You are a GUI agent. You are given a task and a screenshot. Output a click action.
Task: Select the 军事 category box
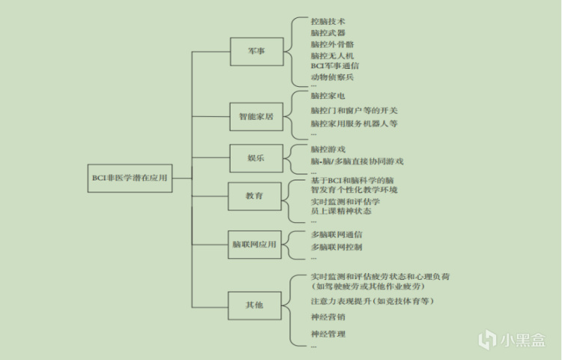[x=257, y=52]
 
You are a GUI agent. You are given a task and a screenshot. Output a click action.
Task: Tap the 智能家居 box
[x=257, y=117]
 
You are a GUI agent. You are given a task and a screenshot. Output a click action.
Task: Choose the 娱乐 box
[x=257, y=159]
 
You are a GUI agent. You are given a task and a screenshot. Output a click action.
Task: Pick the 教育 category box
[x=257, y=196]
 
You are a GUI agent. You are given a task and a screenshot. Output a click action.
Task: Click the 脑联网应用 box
[x=257, y=245]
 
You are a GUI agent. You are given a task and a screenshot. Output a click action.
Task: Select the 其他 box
[x=257, y=305]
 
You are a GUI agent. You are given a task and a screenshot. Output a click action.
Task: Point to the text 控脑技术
[x=328, y=22]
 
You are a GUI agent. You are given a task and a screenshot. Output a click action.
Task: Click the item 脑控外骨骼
[x=332, y=44]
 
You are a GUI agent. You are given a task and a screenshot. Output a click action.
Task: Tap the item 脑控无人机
[x=332, y=55]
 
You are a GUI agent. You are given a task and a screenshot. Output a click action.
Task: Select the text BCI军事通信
[x=335, y=66]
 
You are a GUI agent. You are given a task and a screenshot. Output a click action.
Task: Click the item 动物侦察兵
[x=332, y=77]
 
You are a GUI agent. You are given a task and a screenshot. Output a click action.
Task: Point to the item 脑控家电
[x=328, y=96]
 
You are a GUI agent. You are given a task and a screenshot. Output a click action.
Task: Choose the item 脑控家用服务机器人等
[x=354, y=123]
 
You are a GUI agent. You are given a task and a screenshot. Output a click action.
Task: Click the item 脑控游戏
[x=328, y=149]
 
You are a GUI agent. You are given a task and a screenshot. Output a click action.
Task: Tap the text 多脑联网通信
[x=336, y=234]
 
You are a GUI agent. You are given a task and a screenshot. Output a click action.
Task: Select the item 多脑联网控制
[x=336, y=247]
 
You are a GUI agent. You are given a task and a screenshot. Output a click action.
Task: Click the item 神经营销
[x=328, y=317]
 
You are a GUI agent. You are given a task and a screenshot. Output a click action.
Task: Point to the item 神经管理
[x=328, y=334]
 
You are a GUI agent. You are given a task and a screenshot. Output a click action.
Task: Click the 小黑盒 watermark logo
[x=516, y=341]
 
